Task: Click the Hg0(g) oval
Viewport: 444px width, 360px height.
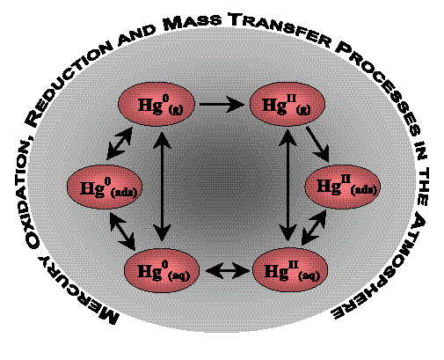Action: coord(156,104)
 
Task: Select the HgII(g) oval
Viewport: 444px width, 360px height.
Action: coord(288,104)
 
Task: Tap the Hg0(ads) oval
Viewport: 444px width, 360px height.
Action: coord(105,187)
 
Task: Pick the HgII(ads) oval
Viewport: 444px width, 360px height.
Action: coord(343,187)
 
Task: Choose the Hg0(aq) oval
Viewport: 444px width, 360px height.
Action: coord(162,270)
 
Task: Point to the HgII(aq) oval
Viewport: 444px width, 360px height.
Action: coord(290,269)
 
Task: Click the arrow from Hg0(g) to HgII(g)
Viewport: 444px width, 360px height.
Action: coord(222,104)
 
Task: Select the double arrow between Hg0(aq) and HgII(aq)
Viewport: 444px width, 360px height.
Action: coord(227,270)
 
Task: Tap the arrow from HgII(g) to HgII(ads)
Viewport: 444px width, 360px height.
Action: coord(317,144)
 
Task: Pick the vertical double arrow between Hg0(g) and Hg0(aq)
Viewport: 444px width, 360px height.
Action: coord(162,187)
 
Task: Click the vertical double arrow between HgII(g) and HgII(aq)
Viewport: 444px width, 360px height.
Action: coord(289,186)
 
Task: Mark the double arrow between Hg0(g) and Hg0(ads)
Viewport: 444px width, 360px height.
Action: coord(120,143)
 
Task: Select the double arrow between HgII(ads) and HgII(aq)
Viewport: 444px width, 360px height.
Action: coord(314,227)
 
